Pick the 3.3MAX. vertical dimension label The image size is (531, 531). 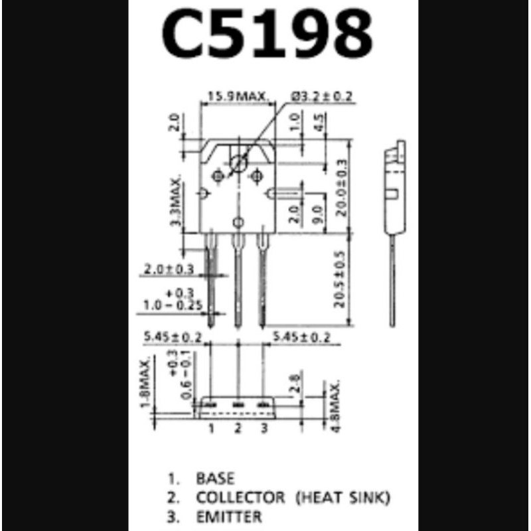(176, 202)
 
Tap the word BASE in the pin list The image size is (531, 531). (215, 478)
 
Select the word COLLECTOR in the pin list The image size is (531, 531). (240, 496)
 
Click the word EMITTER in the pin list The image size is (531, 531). (229, 516)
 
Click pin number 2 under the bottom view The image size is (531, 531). (238, 428)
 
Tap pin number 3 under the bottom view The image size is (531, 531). (264, 428)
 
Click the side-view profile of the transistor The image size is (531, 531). (394, 199)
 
